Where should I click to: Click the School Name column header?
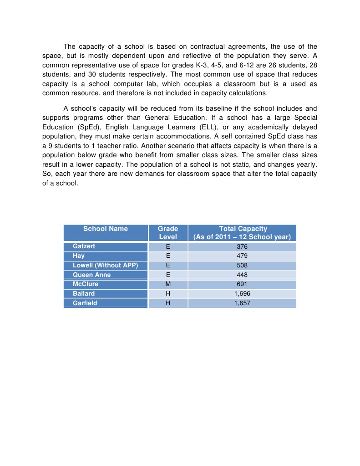click(106, 229)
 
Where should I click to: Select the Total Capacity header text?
click(243, 229)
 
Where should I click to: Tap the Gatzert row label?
click(84, 246)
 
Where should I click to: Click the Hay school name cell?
click(79, 256)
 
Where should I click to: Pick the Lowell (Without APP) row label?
click(105, 265)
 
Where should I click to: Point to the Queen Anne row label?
click(91, 275)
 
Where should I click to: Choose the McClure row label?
click(86, 284)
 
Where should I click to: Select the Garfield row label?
click(85, 303)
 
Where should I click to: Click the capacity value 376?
click(242, 246)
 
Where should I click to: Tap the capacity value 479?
click(242, 256)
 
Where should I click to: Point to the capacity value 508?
click(242, 265)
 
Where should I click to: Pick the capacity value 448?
click(242, 275)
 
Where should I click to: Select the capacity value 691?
click(242, 284)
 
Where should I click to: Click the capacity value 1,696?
click(242, 293)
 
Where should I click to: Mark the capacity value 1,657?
click(242, 303)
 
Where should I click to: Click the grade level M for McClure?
click(168, 284)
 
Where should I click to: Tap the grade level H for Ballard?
click(168, 293)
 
